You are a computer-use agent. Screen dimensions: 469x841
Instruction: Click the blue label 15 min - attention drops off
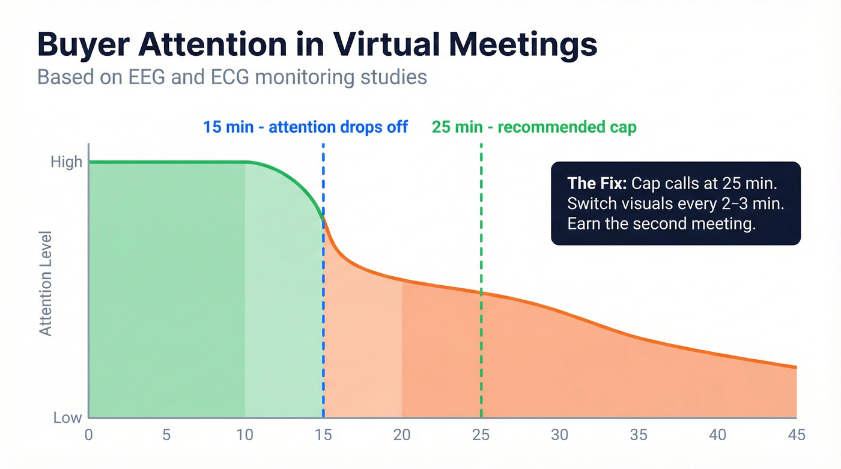[x=305, y=127]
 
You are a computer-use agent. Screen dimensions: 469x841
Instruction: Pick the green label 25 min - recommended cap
[x=533, y=127]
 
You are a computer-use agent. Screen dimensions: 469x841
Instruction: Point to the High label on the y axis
[x=67, y=162]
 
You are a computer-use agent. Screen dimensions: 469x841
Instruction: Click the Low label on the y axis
[x=67, y=417]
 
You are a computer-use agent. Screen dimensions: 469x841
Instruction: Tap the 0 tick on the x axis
[x=89, y=435]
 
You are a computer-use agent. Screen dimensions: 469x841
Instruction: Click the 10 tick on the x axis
[x=245, y=435]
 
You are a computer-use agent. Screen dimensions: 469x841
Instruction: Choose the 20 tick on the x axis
[x=402, y=435]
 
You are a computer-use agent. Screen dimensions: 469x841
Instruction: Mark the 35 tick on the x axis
[x=639, y=435]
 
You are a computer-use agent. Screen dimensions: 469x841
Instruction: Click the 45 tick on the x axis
[x=796, y=435]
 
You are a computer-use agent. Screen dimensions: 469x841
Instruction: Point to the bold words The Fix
[x=597, y=183]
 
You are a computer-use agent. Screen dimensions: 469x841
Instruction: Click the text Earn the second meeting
[x=661, y=224]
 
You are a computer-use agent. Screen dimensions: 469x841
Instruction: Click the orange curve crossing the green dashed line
[x=481, y=292]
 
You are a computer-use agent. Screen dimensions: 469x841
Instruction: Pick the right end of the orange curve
[x=796, y=367]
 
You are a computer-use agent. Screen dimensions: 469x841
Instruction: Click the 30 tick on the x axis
[x=559, y=435]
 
